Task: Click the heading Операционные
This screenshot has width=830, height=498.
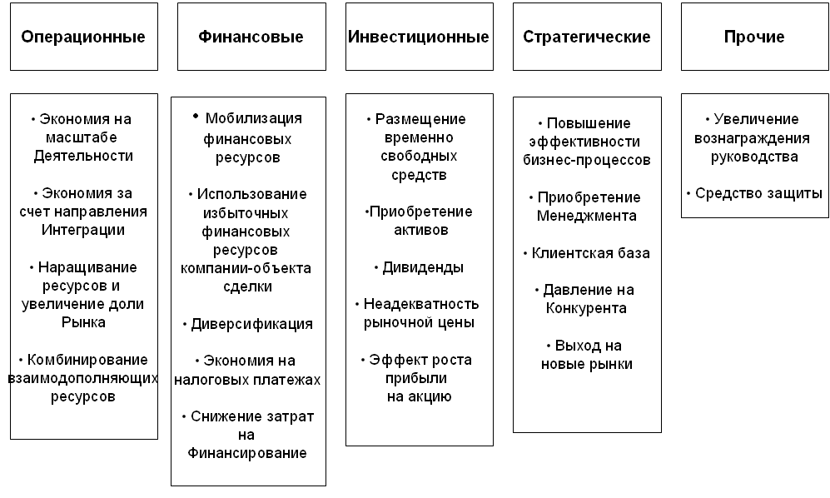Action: tap(83, 37)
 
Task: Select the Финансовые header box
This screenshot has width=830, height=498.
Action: tap(251, 37)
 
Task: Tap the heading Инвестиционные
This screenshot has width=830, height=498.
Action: tap(419, 37)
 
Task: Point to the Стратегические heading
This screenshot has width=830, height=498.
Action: tap(587, 37)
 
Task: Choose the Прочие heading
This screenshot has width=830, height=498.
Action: tap(754, 37)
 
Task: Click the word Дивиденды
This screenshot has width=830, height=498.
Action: tap(423, 267)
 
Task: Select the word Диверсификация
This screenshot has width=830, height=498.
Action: tap(252, 324)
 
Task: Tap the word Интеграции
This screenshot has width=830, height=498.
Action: tap(83, 231)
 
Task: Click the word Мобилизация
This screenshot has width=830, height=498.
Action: tap(254, 119)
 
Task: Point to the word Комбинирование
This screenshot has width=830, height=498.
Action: tap(87, 360)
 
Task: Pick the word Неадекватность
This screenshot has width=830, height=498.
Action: tap(421, 304)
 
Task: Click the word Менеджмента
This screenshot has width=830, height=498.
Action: tap(587, 217)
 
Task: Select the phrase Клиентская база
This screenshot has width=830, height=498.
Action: tap(591, 253)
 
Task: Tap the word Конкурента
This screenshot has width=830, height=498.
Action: tap(586, 308)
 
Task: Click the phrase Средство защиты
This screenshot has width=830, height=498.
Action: tap(758, 194)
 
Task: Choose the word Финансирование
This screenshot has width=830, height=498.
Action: tap(247, 454)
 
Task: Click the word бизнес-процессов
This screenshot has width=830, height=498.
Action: tap(587, 161)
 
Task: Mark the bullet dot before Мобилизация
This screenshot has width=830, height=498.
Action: tap(196, 116)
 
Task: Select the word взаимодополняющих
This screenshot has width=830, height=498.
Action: tap(83, 378)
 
